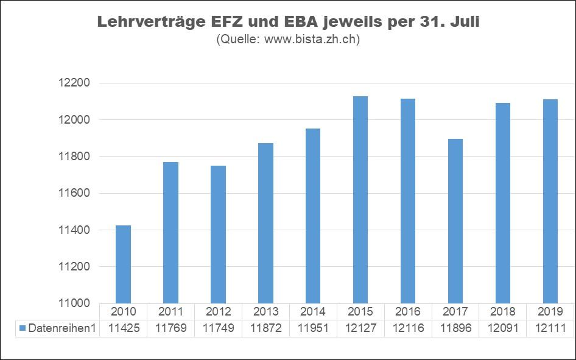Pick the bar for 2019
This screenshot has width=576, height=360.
coord(550,201)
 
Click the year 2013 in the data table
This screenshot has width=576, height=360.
coord(265,312)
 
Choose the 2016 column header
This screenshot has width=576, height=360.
coord(408,312)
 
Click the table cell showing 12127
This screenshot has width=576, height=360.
coord(360,328)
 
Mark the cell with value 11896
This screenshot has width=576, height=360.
coord(455,328)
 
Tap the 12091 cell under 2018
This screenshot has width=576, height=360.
coord(503,328)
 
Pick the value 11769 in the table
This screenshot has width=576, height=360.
coord(170,328)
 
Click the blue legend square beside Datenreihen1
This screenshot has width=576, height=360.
coord(23,328)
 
